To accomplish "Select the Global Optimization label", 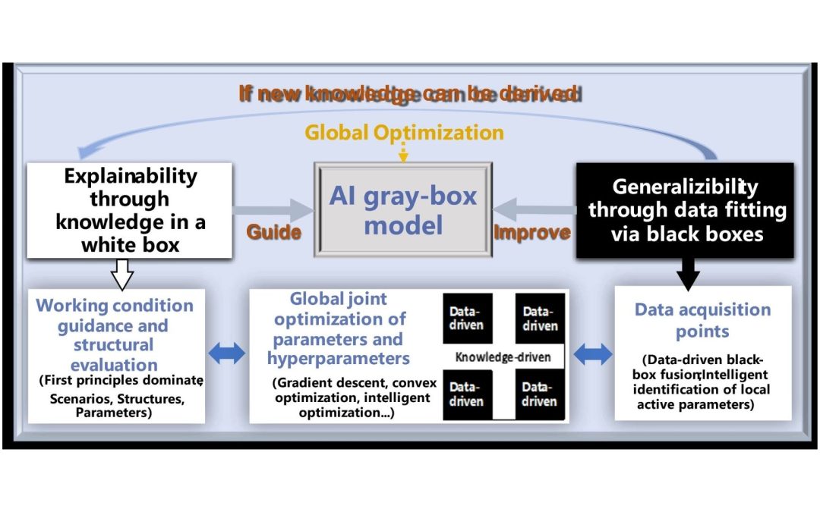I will (404, 133).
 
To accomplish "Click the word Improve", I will (531, 233).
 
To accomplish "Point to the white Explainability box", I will (130, 209).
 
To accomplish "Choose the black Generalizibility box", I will (686, 209).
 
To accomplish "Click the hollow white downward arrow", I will (122, 274).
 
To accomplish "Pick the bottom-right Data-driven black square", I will (540, 394).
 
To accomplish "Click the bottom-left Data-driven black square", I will (468, 394).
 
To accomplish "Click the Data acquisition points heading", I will (702, 320).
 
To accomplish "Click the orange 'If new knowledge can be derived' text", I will (410, 94).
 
